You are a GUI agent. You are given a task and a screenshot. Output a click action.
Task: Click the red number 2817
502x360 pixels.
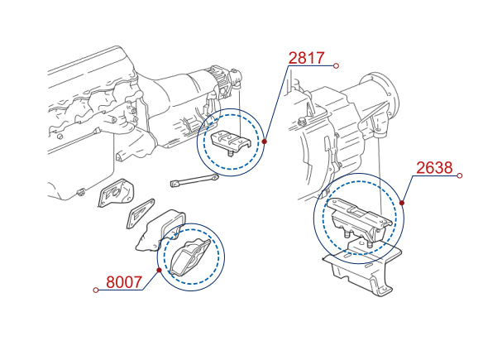click(x=306, y=58)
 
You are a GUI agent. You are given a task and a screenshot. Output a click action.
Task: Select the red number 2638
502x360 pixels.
click(x=434, y=167)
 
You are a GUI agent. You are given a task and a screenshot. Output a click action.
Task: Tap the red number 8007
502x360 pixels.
click(x=124, y=282)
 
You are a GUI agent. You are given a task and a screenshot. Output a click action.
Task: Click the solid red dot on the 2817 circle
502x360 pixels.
click(x=265, y=142)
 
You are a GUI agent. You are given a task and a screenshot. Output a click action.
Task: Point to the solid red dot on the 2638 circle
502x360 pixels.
click(x=402, y=203)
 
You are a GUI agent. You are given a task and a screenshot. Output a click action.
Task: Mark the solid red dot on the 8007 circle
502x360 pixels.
click(x=159, y=271)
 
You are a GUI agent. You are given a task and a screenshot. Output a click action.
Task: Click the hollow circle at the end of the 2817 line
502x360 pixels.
click(x=336, y=65)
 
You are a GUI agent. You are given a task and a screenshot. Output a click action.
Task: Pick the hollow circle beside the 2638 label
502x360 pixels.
click(x=460, y=175)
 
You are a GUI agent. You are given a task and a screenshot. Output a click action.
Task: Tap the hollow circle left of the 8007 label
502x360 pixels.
click(x=95, y=290)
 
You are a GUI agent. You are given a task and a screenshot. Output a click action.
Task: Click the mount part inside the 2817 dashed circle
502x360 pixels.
click(x=231, y=142)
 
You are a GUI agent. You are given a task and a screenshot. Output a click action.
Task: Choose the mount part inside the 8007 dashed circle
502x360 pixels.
click(x=190, y=257)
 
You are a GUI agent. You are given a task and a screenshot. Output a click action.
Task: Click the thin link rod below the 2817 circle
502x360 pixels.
click(x=194, y=180)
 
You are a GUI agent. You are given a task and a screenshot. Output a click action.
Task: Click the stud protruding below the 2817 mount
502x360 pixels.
click(x=231, y=153)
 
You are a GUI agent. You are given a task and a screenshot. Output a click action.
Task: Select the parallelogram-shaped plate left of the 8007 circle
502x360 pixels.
click(x=141, y=214)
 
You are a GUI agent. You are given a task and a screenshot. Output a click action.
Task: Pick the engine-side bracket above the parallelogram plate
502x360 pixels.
click(x=116, y=193)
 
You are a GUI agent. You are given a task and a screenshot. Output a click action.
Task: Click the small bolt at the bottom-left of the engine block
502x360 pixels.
click(x=81, y=192)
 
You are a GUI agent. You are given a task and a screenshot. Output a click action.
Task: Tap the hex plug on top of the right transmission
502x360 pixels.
click(x=301, y=122)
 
